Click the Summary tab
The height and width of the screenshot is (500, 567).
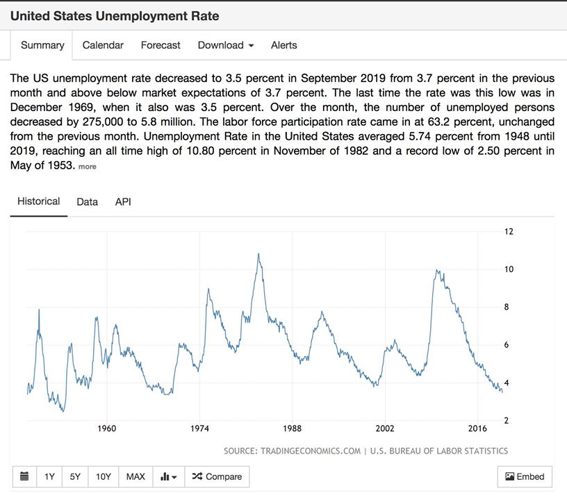tap(42, 45)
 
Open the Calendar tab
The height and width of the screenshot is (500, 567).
tap(103, 45)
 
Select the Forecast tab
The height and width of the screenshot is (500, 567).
tap(161, 45)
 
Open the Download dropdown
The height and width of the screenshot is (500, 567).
tap(225, 45)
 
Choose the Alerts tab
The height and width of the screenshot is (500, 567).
tap(283, 45)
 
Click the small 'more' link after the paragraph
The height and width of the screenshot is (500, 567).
tap(88, 167)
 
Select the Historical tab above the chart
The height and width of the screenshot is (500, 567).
tap(39, 201)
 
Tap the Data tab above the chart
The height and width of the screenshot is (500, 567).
tap(87, 202)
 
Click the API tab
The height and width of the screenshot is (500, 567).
tap(123, 202)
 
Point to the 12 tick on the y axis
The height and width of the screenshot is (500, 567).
tap(509, 231)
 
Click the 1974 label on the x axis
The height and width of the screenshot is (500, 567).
tap(199, 428)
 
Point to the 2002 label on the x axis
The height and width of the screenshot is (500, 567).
tap(385, 428)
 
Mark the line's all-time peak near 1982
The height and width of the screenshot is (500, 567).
tap(258, 254)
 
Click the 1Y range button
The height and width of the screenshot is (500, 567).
tap(49, 476)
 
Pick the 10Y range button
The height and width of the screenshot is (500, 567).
tap(104, 476)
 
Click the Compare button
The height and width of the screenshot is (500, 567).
tap(217, 476)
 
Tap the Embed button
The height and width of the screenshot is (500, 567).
tap(525, 476)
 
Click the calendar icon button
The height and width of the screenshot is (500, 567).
tap(25, 476)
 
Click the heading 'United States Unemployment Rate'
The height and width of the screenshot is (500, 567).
tap(115, 15)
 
